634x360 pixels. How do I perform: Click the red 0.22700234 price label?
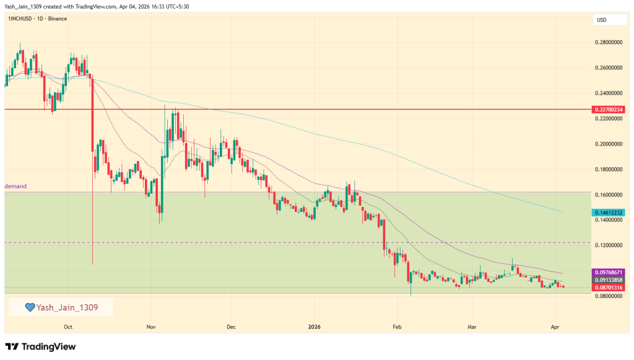[607, 109]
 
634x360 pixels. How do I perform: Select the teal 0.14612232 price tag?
[607, 213]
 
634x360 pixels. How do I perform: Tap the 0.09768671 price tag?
[607, 272]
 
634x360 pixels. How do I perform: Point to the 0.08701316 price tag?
[607, 288]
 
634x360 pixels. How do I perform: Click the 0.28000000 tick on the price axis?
[607, 42]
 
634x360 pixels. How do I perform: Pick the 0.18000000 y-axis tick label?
[607, 169]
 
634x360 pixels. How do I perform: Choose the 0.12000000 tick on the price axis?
[607, 245]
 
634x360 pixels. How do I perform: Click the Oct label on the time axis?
[68, 326]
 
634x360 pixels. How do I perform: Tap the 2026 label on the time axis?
[315, 326]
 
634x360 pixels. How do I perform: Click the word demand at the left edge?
[16, 186]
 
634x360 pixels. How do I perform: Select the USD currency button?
[601, 20]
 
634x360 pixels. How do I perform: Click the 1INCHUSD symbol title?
[22, 19]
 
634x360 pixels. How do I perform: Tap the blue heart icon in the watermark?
[29, 307]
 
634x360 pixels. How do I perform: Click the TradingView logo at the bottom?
[40, 346]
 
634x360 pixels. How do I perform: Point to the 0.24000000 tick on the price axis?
[607, 93]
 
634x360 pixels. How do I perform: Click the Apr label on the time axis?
[555, 326]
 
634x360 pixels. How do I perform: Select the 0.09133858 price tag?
[607, 280]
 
